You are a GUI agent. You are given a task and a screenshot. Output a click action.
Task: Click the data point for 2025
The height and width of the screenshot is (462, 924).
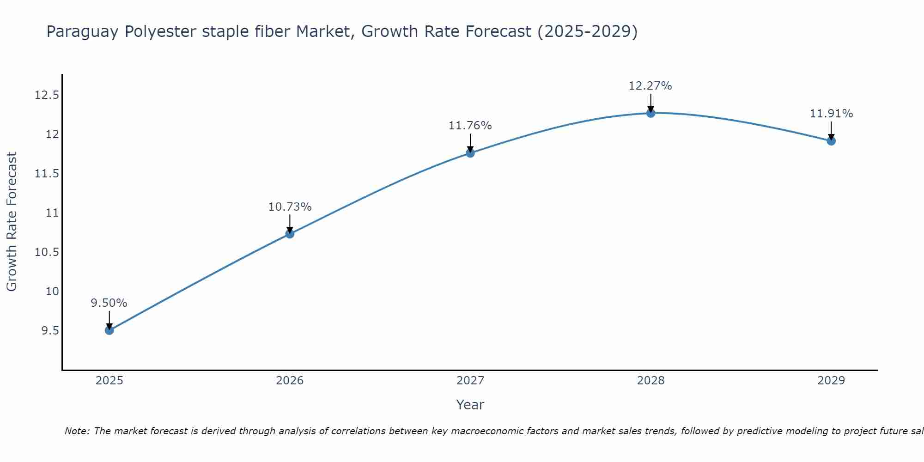109,330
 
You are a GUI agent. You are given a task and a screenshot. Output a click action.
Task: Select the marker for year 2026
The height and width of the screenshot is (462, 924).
290,234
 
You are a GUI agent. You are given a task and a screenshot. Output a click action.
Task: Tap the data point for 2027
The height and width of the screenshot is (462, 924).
470,153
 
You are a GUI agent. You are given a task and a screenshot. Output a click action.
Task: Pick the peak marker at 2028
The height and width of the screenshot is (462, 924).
650,113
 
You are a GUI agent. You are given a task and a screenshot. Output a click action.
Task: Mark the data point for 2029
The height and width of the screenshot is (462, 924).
831,141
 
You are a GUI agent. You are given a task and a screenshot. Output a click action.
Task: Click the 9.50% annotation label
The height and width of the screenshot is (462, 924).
109,303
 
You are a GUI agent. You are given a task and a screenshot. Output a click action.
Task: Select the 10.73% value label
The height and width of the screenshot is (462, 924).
290,207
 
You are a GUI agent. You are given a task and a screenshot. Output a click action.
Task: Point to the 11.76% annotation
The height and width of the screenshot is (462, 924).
470,126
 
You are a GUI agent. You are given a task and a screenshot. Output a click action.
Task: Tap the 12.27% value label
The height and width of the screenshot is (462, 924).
650,86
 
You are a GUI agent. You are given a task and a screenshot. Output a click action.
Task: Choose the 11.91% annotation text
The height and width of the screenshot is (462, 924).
831,114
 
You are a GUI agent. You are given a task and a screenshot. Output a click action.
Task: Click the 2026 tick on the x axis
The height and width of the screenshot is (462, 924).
290,381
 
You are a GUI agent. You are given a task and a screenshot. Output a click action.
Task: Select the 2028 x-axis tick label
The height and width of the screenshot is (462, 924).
650,381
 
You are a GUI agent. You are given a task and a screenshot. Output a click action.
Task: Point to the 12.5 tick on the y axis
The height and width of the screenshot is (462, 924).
47,96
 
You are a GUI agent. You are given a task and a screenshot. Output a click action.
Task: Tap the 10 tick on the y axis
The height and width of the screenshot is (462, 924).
52,292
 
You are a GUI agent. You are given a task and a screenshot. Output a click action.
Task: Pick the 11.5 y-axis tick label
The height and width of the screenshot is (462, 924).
47,174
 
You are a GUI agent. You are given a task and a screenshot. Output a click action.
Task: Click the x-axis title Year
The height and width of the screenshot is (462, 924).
470,405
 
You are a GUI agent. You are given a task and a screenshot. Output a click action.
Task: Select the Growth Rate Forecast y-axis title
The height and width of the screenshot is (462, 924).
12,222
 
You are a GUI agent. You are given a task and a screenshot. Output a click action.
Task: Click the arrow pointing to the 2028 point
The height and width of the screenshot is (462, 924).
650,103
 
